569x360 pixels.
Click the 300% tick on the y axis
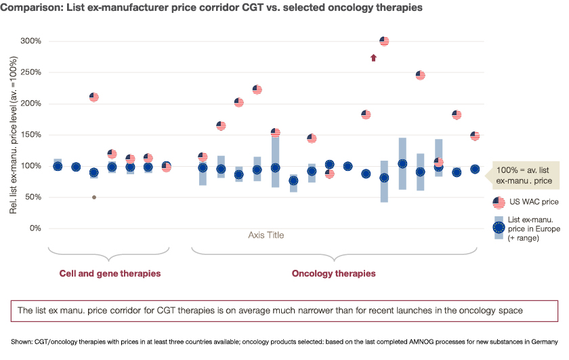coord(31,41)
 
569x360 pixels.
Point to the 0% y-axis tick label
coord(35,228)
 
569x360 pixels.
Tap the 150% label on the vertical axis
coord(31,135)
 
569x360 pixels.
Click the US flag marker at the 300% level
coord(384,41)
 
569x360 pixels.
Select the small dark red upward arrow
coord(373,58)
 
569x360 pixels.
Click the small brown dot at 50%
coord(94,197)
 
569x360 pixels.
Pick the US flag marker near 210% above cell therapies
coord(94,97)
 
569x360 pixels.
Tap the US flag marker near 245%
coord(420,75)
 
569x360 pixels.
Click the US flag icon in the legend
coord(499,203)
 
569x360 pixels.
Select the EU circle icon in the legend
coord(499,228)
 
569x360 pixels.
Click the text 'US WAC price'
coord(534,201)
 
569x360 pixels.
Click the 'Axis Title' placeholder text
coord(266,235)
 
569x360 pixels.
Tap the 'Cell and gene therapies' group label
coord(110,273)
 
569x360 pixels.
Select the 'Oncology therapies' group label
coord(333,273)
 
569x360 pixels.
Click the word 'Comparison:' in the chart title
coord(31,7)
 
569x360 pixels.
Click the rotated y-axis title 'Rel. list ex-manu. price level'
coord(14,135)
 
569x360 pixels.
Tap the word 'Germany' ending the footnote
coord(545,342)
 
